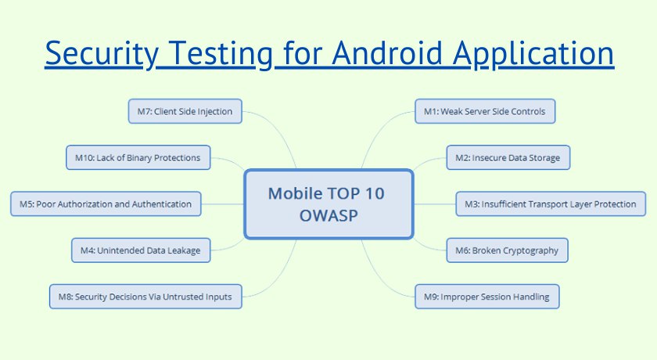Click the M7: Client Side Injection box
click(x=185, y=111)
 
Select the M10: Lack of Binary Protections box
click(x=138, y=157)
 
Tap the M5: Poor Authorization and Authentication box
click(x=106, y=204)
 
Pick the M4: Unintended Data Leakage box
click(x=141, y=250)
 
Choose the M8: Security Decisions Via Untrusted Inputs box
click(x=145, y=297)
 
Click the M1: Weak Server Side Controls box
click(x=485, y=111)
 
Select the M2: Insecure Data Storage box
click(x=508, y=157)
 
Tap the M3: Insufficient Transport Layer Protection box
click(x=551, y=204)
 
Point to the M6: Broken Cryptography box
click(x=507, y=250)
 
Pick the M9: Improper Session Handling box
click(x=486, y=297)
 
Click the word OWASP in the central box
click(x=328, y=215)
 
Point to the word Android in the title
click(x=388, y=52)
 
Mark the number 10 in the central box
click(x=374, y=193)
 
